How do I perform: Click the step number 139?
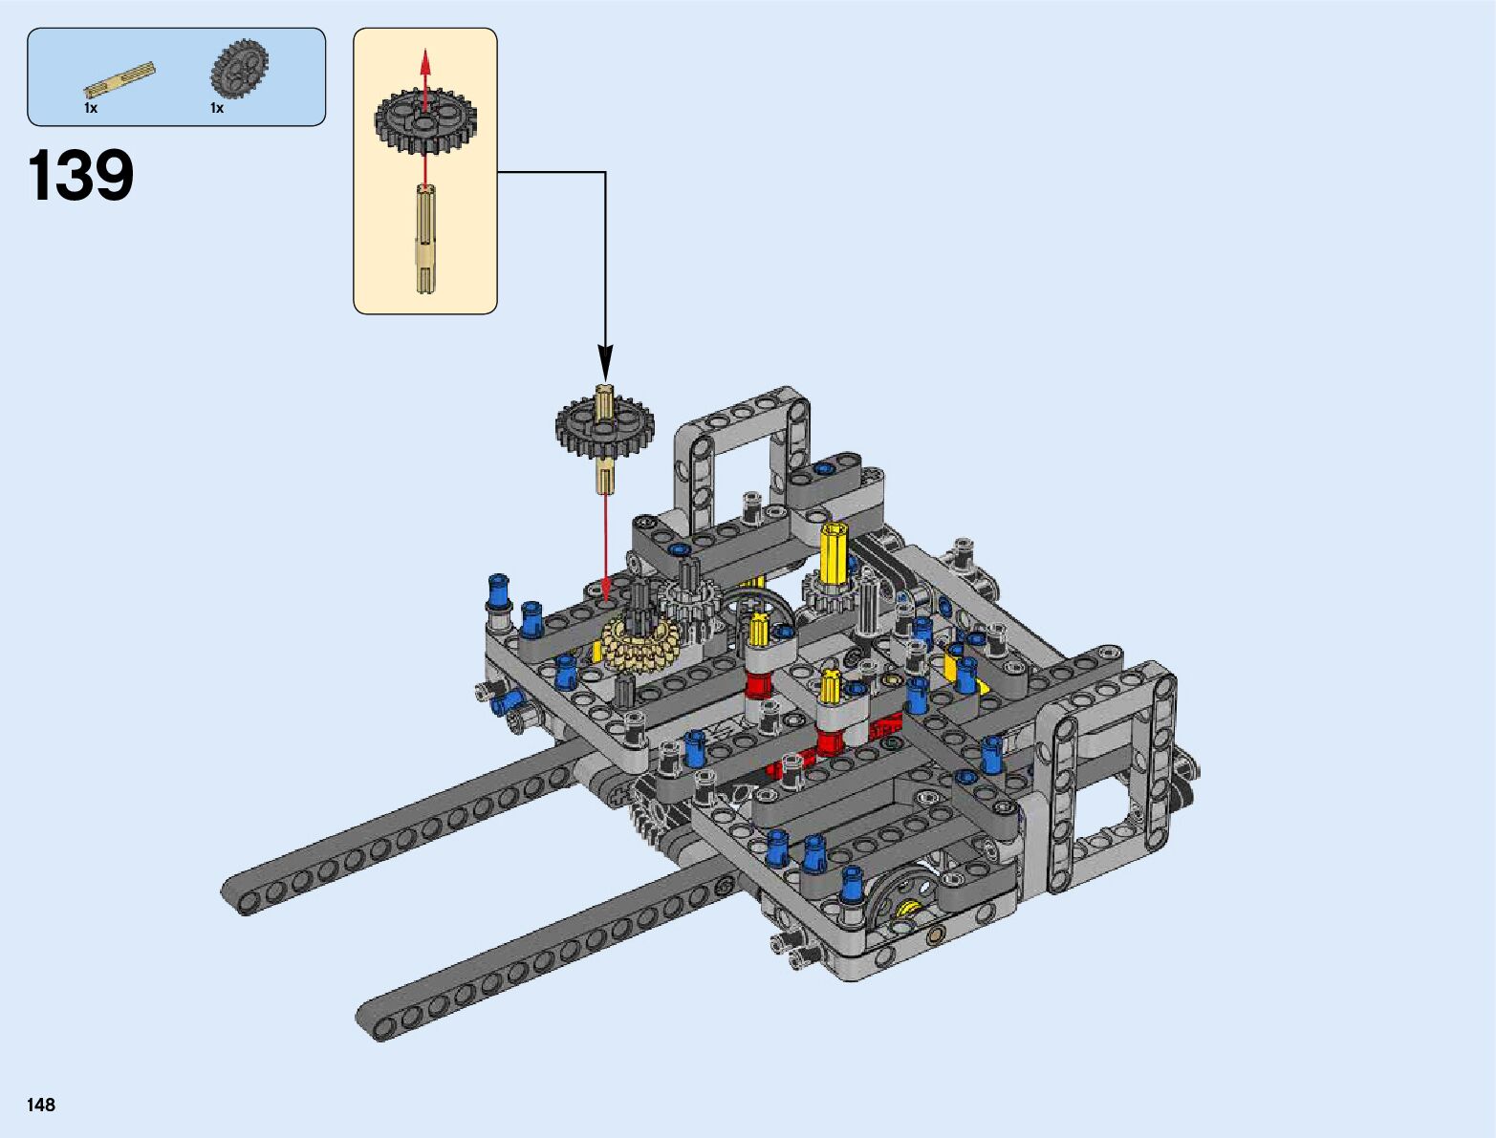click(80, 176)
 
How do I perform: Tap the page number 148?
click(41, 1104)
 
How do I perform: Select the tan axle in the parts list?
click(119, 80)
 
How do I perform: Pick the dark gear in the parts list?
click(239, 67)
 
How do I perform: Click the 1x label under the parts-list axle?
click(91, 108)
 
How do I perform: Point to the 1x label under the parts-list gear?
click(217, 108)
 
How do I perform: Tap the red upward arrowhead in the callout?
click(425, 61)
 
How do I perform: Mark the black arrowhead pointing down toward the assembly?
click(605, 362)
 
